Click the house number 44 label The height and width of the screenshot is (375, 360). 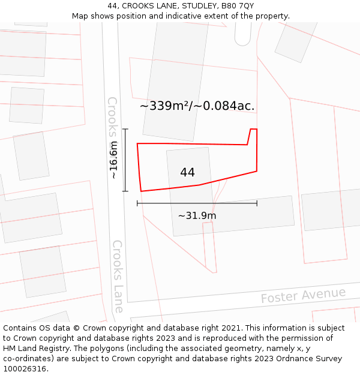[187, 173]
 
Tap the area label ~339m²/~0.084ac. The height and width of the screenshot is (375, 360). [197, 106]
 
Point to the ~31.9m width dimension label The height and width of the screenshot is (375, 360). [197, 215]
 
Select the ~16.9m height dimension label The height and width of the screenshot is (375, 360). [114, 160]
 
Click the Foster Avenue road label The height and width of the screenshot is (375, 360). [303, 295]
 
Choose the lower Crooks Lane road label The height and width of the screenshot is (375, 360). [118, 276]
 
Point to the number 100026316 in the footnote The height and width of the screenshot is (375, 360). [24, 369]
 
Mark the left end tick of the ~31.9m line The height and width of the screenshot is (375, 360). [137, 203]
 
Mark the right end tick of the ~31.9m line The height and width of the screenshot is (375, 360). [257, 203]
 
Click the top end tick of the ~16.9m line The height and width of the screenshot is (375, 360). [125, 129]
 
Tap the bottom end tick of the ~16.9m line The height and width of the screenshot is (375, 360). [125, 191]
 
